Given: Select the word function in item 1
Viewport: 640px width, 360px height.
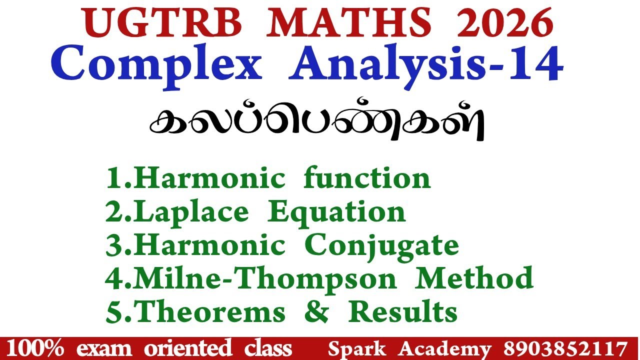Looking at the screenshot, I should [367, 178].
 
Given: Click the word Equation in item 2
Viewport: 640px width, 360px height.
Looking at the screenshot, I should [336, 212].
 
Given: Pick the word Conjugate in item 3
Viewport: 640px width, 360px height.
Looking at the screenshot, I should [381, 245].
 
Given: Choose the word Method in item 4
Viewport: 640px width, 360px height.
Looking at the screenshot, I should [475, 278].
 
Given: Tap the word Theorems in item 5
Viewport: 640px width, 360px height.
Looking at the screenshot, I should [210, 312].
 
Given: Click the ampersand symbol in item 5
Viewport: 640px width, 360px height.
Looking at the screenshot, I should [317, 312].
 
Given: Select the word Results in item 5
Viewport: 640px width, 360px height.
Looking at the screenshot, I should [403, 312].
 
